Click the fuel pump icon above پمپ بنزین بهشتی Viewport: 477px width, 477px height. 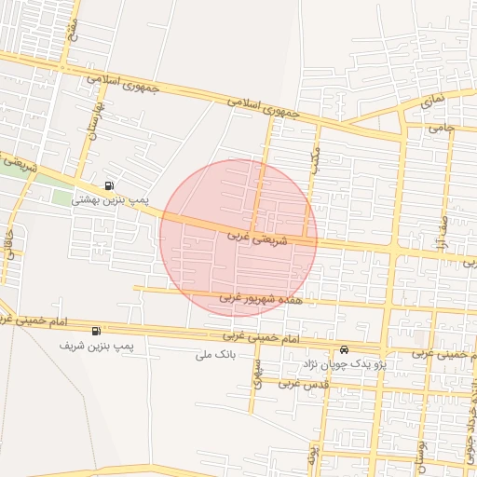click(x=111, y=185)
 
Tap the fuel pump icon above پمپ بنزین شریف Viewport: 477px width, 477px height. click(x=96, y=331)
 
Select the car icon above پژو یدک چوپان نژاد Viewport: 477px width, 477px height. click(x=345, y=349)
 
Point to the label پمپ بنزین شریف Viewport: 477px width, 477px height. click(x=97, y=346)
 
